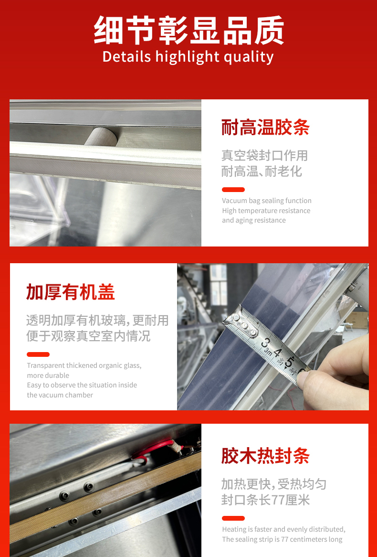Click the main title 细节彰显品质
188,30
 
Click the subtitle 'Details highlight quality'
188,57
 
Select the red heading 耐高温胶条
265,127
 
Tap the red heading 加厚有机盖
70,292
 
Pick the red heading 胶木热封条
265,456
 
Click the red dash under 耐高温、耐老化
233,189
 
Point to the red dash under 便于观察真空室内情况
38,354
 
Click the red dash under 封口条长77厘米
233,518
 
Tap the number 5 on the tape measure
289,362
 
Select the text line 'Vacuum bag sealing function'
267,201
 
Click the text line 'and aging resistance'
254,220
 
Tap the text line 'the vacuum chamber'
60,395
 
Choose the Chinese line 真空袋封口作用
264,156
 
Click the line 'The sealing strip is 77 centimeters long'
282,539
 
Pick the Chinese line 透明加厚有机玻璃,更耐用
97,321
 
